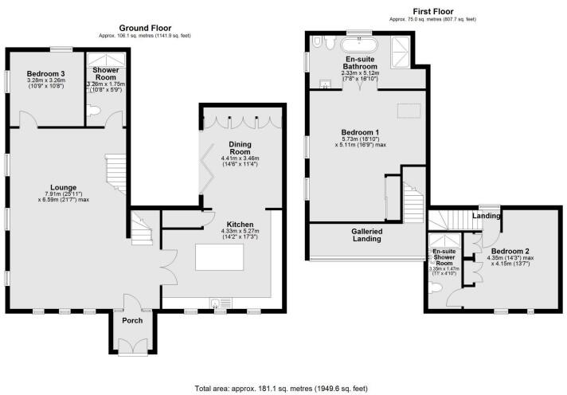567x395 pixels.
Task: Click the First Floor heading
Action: [x=431, y=10]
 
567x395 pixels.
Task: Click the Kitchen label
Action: [x=240, y=225]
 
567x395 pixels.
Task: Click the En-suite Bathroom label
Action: [x=361, y=63]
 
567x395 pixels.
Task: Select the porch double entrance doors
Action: [x=131, y=344]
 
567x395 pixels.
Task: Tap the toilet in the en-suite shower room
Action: [x=436, y=291]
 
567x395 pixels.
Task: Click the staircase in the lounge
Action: [x=116, y=170]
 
